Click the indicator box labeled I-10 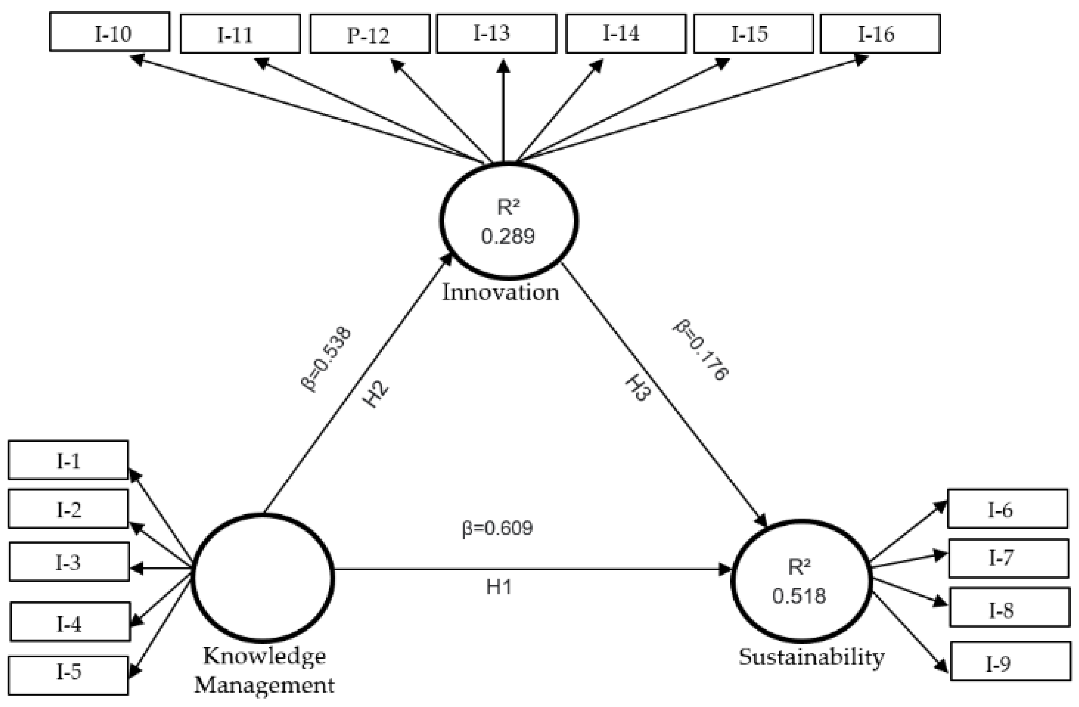tap(109, 32)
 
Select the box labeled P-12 tap(370, 34)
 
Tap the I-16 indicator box tap(880, 34)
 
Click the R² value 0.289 tap(508, 236)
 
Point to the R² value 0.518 tap(799, 596)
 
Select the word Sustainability tap(812, 657)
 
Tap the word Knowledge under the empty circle tap(264, 656)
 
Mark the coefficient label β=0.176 tap(701, 350)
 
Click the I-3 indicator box tap(69, 562)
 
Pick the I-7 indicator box tap(1008, 558)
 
